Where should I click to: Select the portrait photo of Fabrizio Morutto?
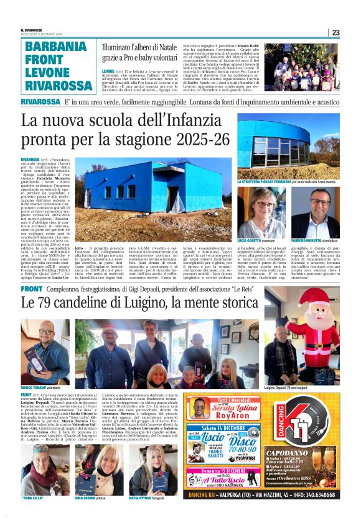click(315, 211)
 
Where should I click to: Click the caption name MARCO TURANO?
click(35, 388)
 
